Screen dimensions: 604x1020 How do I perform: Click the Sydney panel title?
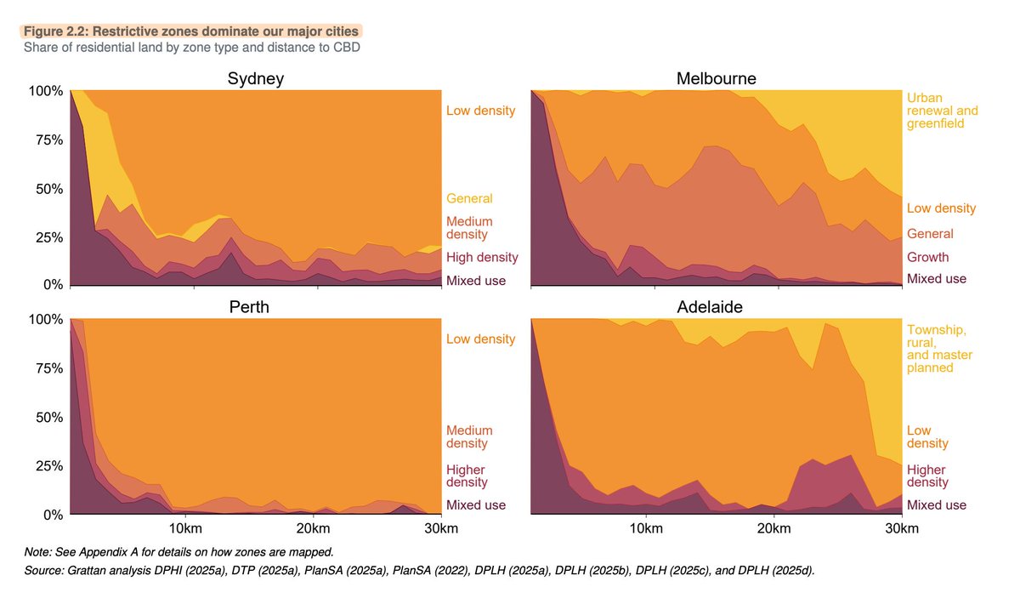click(255, 79)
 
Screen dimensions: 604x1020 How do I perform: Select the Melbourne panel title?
click(716, 79)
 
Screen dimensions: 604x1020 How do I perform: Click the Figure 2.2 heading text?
click(191, 31)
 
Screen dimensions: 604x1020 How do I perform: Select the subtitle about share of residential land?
click(192, 47)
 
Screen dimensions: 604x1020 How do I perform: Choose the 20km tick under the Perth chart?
click(313, 529)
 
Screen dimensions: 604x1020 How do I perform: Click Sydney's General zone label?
click(469, 199)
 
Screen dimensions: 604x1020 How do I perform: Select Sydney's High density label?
click(482, 258)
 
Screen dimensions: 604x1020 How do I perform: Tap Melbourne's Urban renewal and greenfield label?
click(943, 111)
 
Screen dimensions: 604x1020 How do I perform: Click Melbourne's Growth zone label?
click(928, 258)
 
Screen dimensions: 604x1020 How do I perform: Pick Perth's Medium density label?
click(469, 437)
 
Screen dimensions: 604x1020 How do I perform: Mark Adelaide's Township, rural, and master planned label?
click(940, 349)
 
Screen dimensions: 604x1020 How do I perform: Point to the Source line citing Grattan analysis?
click(420, 570)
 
